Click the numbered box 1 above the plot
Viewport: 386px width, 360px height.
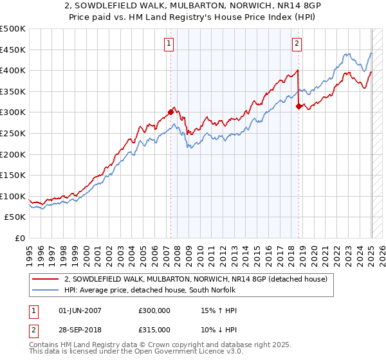tap(169, 44)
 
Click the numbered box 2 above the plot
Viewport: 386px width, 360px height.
tap(297, 44)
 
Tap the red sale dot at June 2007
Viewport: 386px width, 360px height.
tap(170, 112)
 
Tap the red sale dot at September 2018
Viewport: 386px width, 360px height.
tap(299, 106)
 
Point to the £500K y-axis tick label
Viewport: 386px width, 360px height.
tap(13, 29)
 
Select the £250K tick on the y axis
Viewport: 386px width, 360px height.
tap(13, 133)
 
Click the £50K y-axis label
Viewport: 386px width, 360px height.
tap(15, 217)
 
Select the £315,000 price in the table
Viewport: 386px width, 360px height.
tap(154, 329)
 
